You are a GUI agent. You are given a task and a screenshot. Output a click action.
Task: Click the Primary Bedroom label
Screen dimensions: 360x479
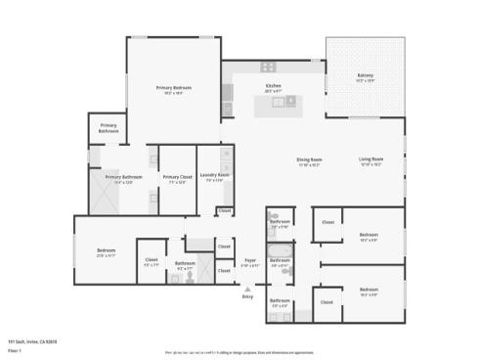[x=174, y=88]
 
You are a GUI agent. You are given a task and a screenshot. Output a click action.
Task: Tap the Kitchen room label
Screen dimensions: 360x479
[x=274, y=86]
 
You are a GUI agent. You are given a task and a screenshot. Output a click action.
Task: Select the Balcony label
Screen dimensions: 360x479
[x=365, y=75]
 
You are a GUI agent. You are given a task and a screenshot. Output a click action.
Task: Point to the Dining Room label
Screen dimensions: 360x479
[x=309, y=159]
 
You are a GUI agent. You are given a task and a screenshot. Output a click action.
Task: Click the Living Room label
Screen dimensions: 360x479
[x=370, y=159]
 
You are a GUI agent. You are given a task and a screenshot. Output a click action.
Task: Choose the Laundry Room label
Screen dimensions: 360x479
[x=215, y=175]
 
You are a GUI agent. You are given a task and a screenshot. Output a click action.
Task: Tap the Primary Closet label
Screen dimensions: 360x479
[x=177, y=177]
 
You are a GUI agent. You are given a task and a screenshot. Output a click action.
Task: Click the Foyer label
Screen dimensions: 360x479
[x=250, y=260]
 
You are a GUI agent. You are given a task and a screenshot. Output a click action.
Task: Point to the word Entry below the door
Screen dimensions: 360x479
[x=247, y=296]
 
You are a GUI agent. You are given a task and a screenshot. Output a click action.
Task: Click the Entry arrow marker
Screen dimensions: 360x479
[x=247, y=290]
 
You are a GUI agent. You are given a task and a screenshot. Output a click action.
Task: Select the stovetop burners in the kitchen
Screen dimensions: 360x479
[x=267, y=67]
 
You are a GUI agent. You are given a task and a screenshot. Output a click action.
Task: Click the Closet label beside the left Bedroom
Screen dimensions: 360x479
[x=152, y=261]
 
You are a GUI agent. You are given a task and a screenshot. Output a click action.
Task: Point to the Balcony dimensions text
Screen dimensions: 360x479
[x=365, y=80]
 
